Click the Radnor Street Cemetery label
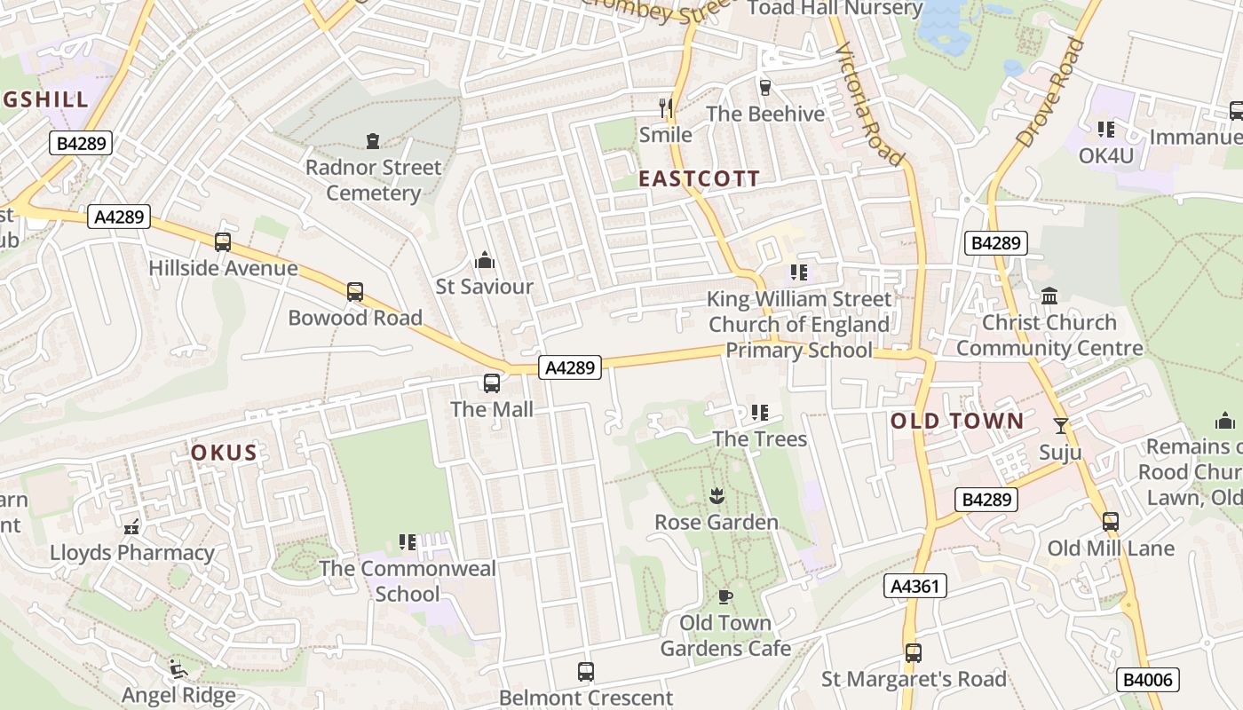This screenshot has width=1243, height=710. tap(373, 180)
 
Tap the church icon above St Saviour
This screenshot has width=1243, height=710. tap(484, 261)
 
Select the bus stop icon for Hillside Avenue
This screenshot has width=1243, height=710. tap(223, 242)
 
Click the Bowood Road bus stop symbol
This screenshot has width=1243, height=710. tap(355, 292)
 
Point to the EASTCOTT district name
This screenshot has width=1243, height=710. tap(699, 178)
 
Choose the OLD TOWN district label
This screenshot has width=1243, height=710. tap(957, 421)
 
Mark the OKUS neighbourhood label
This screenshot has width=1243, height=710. tap(224, 453)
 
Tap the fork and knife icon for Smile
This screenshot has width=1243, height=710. tap(665, 108)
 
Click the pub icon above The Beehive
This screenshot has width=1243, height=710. tap(764, 88)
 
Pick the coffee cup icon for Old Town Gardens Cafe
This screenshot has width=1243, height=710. tap(724, 596)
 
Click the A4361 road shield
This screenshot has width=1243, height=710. tap(915, 586)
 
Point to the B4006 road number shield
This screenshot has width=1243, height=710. tap(1148, 681)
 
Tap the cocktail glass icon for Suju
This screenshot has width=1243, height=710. tap(1060, 426)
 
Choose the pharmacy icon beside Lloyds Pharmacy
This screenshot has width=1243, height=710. tap(132, 527)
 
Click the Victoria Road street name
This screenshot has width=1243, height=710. tap(868, 105)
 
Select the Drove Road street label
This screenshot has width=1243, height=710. tap(1050, 92)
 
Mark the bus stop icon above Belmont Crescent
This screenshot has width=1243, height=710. tap(585, 672)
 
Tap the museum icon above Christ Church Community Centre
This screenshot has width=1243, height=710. tap(1049, 296)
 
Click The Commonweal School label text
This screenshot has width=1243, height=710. tap(407, 580)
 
